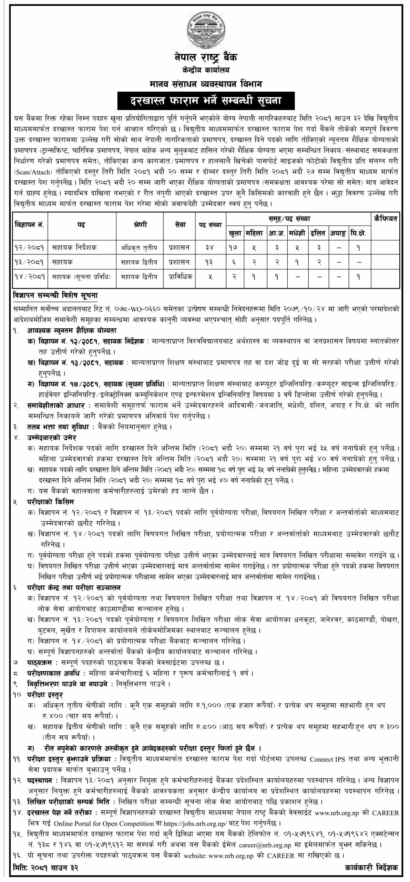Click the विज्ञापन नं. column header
coord(30,225)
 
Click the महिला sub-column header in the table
coord(254,233)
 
